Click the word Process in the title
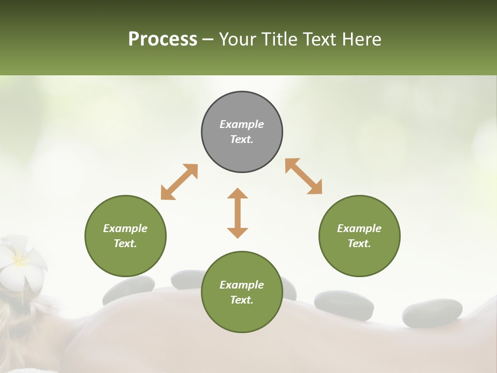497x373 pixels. [163, 39]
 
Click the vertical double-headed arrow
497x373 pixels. [238, 213]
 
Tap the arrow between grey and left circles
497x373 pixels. [179, 182]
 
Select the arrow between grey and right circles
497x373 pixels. [303, 176]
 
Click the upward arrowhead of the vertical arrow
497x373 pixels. [238, 193]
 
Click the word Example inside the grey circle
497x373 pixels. [242, 124]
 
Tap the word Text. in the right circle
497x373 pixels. [359, 243]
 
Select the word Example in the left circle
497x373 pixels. [125, 228]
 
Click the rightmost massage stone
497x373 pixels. [432, 312]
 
